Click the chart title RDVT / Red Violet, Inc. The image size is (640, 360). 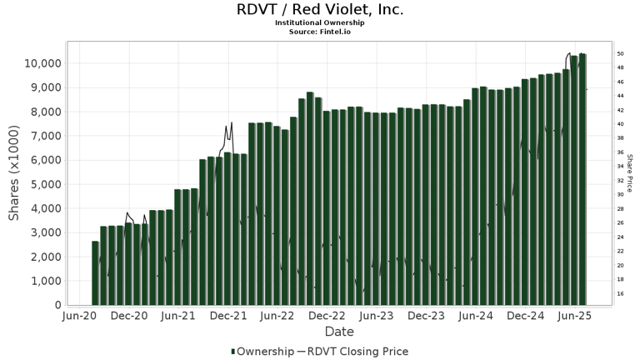[320, 10]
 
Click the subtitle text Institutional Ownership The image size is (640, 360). [320, 22]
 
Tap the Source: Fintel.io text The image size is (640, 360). [320, 31]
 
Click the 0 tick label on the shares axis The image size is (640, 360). [57, 305]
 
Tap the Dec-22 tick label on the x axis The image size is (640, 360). [327, 317]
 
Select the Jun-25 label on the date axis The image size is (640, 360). [575, 317]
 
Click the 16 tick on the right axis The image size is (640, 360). [621, 294]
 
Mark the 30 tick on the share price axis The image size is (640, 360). [621, 195]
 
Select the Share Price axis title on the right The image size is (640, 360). [631, 173]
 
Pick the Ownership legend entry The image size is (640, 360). [262, 352]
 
